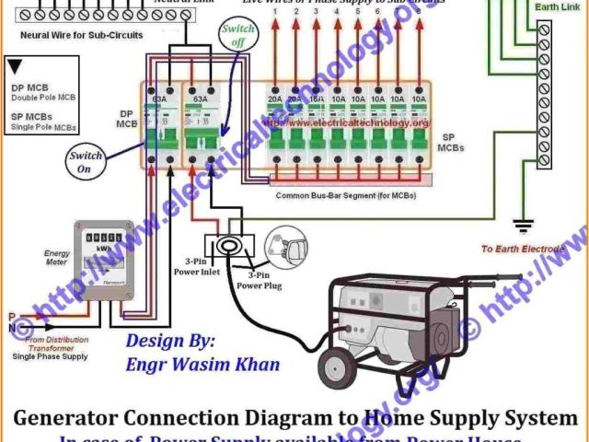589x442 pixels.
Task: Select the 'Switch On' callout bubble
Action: pyautogui.click(x=86, y=163)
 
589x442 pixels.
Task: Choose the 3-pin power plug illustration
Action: pyautogui.click(x=284, y=244)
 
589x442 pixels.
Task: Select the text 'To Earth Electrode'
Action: pyautogui.click(x=524, y=250)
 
